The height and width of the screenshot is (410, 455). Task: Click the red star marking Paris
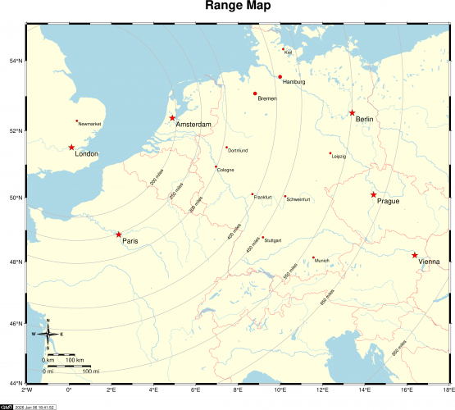pyautogui.click(x=119, y=235)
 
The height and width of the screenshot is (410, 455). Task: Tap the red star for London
pyautogui.click(x=71, y=148)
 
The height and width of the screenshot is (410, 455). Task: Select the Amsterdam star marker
pyautogui.click(x=172, y=118)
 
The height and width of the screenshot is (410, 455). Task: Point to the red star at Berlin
pyautogui.click(x=352, y=113)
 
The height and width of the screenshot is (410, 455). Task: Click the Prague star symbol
pyautogui.click(x=374, y=194)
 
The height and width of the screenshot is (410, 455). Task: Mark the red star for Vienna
pyautogui.click(x=415, y=255)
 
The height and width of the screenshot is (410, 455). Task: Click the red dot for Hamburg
pyautogui.click(x=280, y=77)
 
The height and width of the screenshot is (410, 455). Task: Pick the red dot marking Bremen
pyautogui.click(x=256, y=93)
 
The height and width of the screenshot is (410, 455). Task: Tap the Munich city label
pyautogui.click(x=322, y=261)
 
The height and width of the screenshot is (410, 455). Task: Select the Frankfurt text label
pyautogui.click(x=263, y=198)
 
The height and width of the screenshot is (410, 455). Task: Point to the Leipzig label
pyautogui.click(x=339, y=156)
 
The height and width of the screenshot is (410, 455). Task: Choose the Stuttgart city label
pyautogui.click(x=273, y=240)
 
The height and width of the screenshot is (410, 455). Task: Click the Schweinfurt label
pyautogui.click(x=298, y=199)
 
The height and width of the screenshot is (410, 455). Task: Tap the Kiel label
pyautogui.click(x=289, y=52)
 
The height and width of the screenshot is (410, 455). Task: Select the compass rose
pyautogui.click(x=48, y=335)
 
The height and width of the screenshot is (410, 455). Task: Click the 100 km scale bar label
pyautogui.click(x=75, y=360)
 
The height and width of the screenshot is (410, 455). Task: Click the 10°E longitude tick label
pyautogui.click(x=280, y=392)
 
